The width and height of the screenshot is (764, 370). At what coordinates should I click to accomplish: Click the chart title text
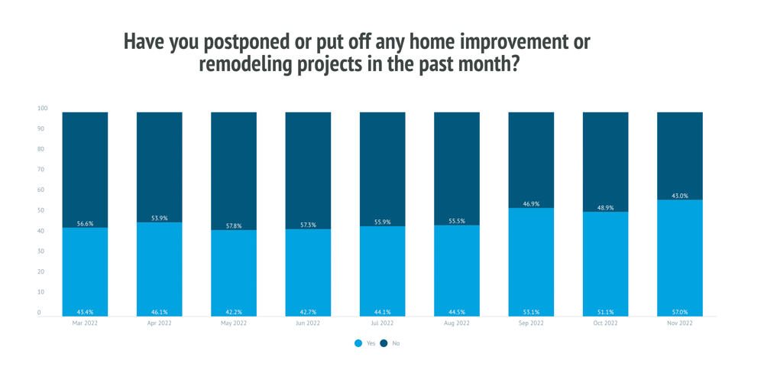click(x=358, y=53)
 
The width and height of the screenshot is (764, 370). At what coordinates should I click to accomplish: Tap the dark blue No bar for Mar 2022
click(x=85, y=168)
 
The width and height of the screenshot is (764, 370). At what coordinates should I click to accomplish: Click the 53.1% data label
click(x=531, y=312)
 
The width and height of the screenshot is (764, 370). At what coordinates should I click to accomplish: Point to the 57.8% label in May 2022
click(x=234, y=226)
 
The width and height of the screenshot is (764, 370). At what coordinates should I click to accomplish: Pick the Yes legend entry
click(x=365, y=343)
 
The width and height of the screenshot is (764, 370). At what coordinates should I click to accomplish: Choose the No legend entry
click(x=390, y=343)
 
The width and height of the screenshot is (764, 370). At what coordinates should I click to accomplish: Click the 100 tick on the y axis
click(x=43, y=109)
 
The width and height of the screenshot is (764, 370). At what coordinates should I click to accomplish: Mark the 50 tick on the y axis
click(x=40, y=210)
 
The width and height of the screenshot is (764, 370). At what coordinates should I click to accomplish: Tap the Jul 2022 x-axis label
click(x=382, y=323)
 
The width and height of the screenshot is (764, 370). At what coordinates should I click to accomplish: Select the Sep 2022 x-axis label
click(x=531, y=323)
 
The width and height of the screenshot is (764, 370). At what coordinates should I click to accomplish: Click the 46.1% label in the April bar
click(x=159, y=312)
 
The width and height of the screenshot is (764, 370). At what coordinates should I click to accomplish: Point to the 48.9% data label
click(x=605, y=208)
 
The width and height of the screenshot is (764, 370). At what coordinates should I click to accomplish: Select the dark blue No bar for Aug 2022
click(x=457, y=164)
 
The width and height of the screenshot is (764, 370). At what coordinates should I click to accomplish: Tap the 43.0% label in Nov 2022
click(x=679, y=196)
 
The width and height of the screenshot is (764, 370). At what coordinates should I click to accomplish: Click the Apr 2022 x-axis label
click(x=159, y=323)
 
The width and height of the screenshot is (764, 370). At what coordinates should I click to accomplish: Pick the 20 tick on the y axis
click(x=40, y=271)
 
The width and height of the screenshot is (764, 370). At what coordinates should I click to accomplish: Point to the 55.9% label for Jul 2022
click(x=382, y=222)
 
